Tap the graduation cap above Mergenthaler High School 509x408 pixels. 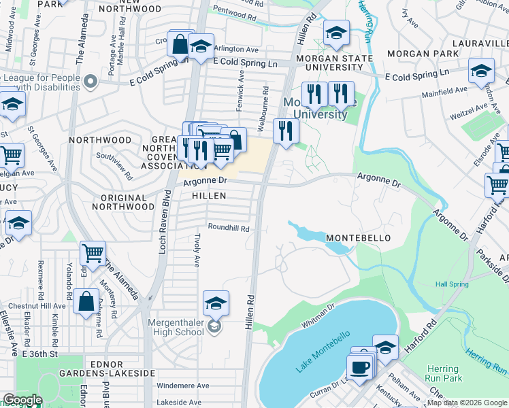pos(216,303)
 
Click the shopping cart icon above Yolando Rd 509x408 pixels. pos(93,254)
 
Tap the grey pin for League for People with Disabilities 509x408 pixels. pos(91,83)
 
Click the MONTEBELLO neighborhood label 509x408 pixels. pos(358,238)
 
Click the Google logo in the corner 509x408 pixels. pos(22,400)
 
